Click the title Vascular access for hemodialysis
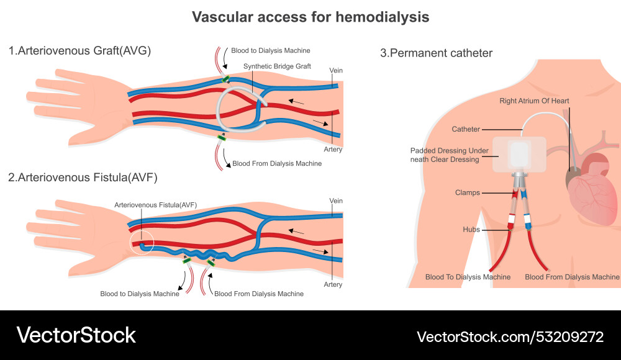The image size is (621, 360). click(x=310, y=17)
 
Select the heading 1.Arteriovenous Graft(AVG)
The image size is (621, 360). click(x=79, y=51)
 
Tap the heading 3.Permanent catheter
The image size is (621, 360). click(x=436, y=53)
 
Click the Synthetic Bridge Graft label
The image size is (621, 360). click(x=277, y=66)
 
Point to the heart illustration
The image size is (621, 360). click(x=593, y=186)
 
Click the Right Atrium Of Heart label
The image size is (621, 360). click(x=534, y=101)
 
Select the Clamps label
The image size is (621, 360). click(x=467, y=192)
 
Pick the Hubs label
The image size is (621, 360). click(x=471, y=230)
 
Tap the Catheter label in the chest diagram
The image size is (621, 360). click(x=466, y=129)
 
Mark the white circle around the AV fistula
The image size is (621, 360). click(x=142, y=243)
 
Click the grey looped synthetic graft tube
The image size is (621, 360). click(x=233, y=112)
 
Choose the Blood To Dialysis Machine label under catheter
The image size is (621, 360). click(x=468, y=277)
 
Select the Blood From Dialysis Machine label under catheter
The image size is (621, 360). click(x=572, y=277)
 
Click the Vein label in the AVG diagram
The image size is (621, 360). click(x=336, y=71)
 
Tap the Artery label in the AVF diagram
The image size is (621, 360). click(x=333, y=284)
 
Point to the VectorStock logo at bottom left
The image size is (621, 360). click(x=76, y=335)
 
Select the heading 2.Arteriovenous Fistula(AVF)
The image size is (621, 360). click(x=83, y=177)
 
